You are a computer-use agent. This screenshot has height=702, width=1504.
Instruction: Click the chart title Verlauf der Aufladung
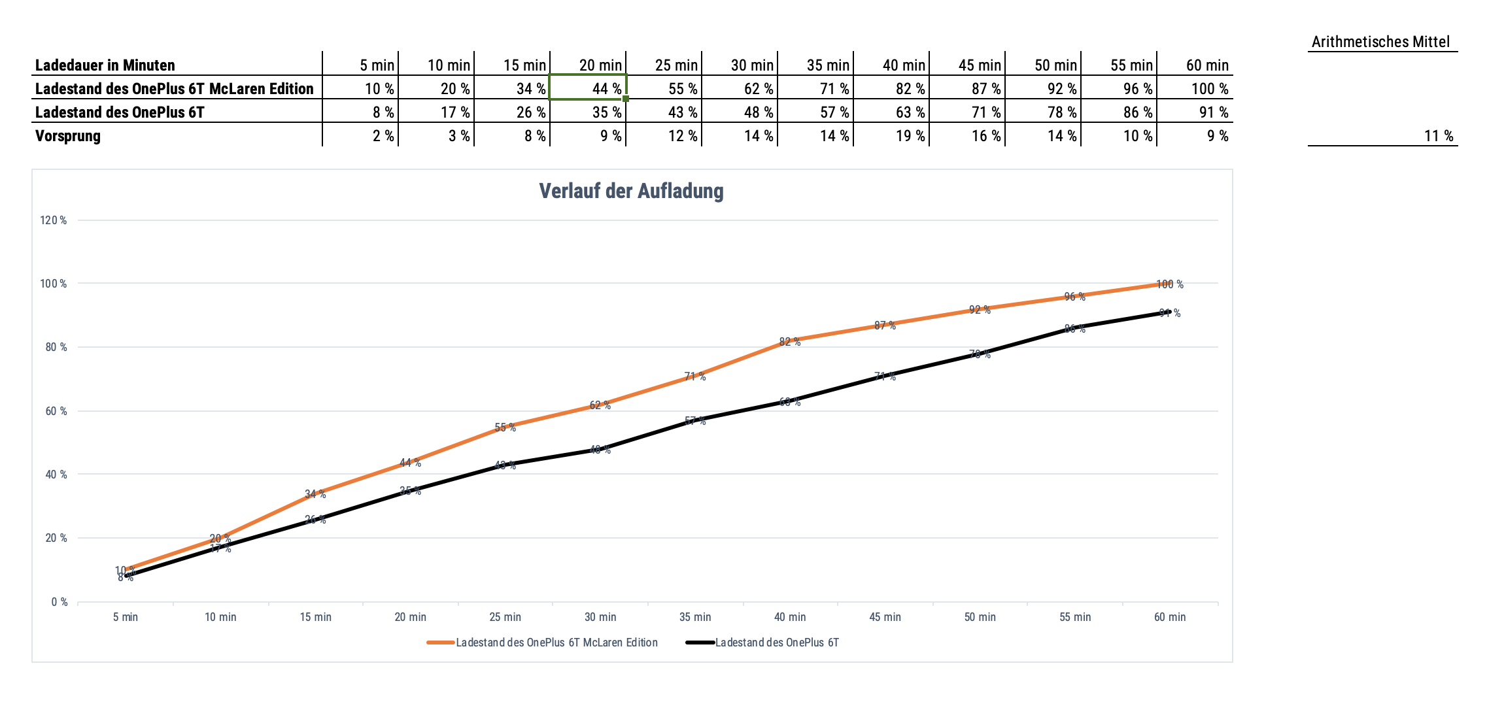point(631,191)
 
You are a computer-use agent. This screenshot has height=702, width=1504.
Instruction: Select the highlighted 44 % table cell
point(588,88)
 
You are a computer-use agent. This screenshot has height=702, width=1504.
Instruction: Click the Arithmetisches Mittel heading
point(1380,42)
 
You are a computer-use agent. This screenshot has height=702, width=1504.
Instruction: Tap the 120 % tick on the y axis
point(54,220)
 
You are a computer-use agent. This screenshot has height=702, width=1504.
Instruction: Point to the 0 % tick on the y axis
point(60,602)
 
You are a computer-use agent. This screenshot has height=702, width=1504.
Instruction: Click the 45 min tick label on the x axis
point(885,617)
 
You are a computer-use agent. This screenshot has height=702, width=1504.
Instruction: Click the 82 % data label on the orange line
point(790,342)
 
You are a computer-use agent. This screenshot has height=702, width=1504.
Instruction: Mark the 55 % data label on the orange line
point(505,427)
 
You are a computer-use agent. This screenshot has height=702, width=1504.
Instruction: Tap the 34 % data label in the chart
point(315,494)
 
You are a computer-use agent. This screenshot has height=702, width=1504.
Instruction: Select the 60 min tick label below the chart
point(1169,617)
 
